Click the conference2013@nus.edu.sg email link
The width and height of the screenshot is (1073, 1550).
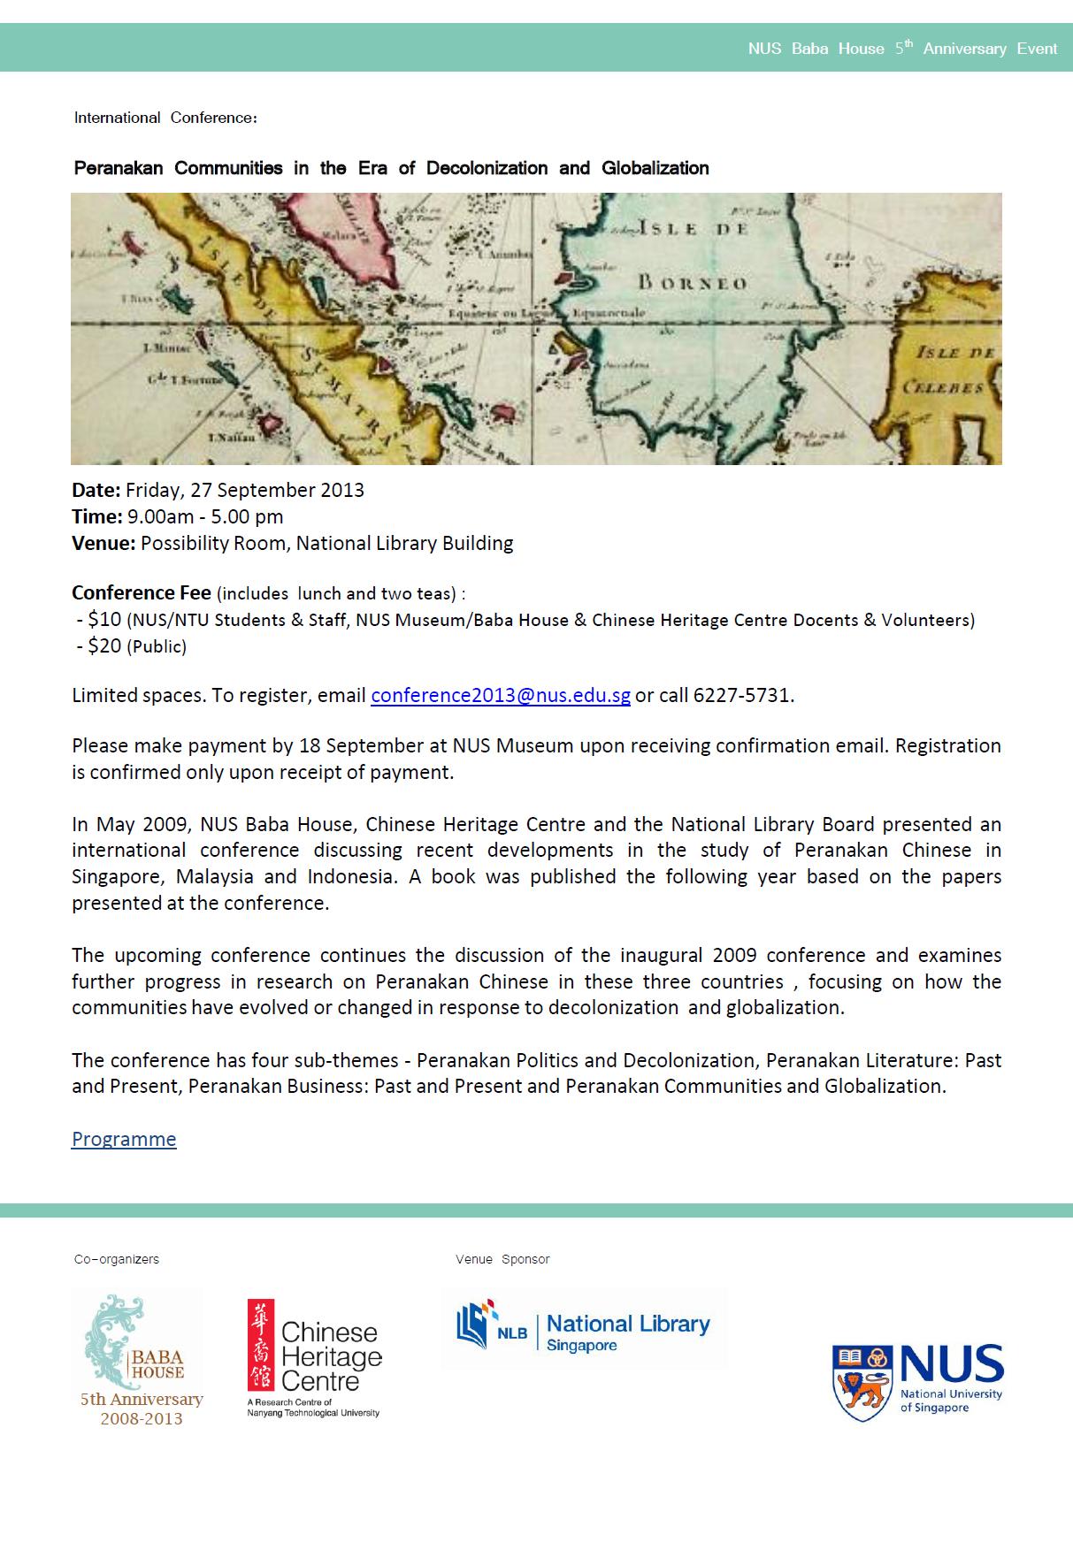[x=500, y=695]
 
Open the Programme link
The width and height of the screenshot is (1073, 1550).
[x=124, y=1139]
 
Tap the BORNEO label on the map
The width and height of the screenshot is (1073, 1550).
[x=693, y=284]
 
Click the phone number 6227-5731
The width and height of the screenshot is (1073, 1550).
[x=742, y=695]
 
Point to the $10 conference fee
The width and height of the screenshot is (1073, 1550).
[x=104, y=620]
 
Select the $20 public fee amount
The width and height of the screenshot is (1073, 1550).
[x=104, y=646]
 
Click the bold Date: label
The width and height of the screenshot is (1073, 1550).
[x=96, y=491]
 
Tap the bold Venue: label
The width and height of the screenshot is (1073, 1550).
[x=103, y=544]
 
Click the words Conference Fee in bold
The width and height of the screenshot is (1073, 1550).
[x=142, y=593]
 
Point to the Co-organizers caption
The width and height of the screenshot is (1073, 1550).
[x=117, y=1259]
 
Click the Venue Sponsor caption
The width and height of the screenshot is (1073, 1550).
[x=502, y=1259]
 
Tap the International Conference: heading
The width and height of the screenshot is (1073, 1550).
[x=165, y=118]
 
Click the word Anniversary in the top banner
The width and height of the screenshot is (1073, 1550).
[x=964, y=49]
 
